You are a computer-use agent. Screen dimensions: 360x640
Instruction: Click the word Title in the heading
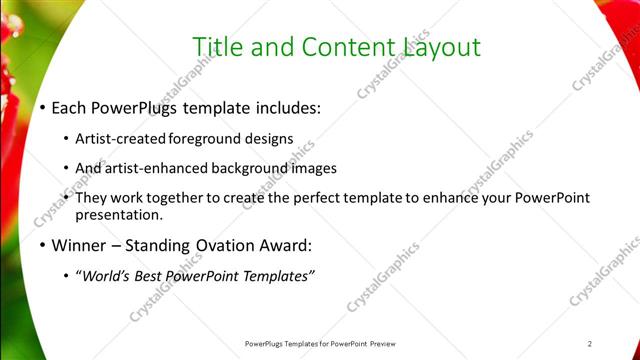point(215,47)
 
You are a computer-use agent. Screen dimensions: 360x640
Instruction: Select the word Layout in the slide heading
point(443,47)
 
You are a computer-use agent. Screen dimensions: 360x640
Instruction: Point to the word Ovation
point(226,245)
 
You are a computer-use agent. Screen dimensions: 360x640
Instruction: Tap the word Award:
point(287,245)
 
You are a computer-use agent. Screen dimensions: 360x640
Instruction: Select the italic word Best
point(152,276)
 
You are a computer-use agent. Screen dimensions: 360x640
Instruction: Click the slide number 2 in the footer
point(590,343)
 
